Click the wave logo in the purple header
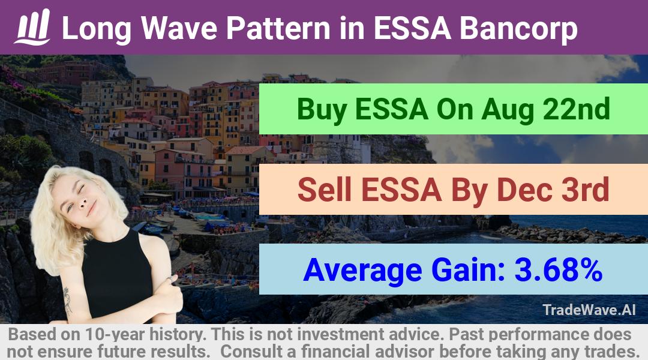tap(32, 27)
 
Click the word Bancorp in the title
tap(518, 29)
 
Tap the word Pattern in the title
tap(278, 28)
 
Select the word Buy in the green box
tap(322, 110)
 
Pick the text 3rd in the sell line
tap(585, 190)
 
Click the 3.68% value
tap(558, 270)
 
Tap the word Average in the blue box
tap(362, 271)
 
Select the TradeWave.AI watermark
tap(589, 310)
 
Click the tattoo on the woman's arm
tap(67, 300)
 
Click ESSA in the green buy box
tap(391, 110)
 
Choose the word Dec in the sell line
tap(523, 190)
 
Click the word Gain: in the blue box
tap(468, 270)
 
